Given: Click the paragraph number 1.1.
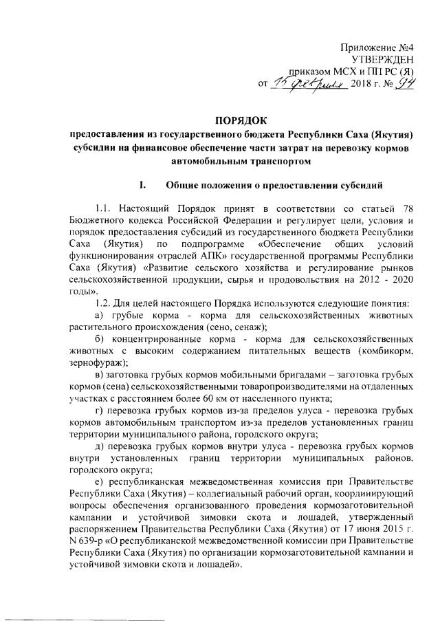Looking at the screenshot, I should coord(106,208).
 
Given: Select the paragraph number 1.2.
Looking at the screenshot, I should coord(106,303).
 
